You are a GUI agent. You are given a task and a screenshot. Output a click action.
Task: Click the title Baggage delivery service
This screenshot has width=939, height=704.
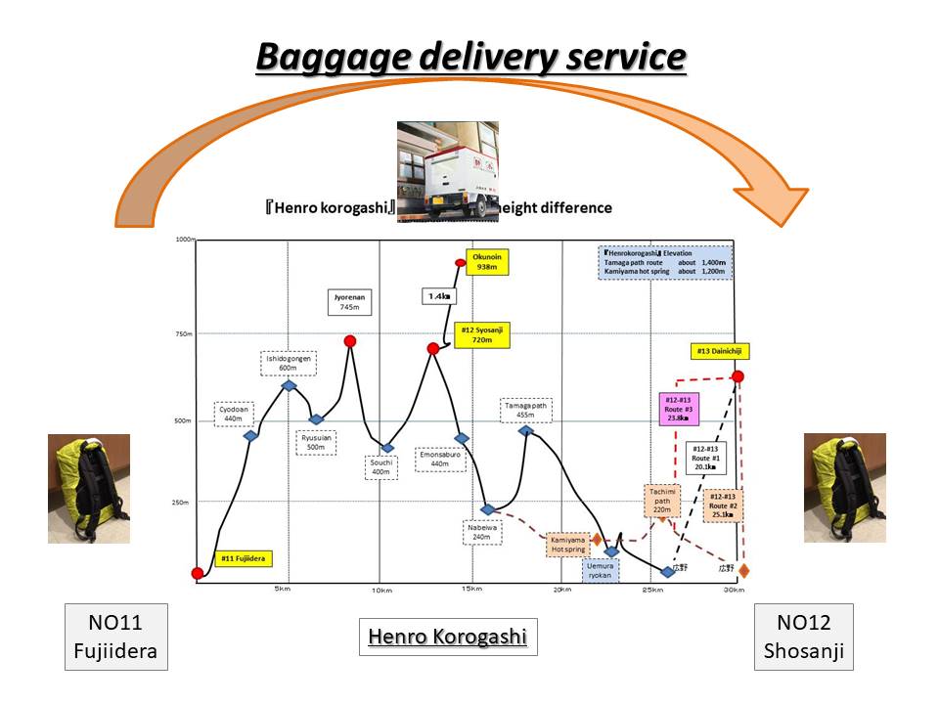(470, 58)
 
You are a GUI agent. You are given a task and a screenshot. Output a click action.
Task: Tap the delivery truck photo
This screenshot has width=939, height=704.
(448, 171)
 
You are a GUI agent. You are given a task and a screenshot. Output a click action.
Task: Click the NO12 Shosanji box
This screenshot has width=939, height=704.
(804, 637)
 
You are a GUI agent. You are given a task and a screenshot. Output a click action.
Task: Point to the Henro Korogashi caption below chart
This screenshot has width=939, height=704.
(447, 638)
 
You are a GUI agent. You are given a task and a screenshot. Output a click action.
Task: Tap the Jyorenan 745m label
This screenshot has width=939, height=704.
(350, 300)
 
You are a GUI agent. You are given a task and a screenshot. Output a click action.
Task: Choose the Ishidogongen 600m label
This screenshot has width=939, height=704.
(289, 363)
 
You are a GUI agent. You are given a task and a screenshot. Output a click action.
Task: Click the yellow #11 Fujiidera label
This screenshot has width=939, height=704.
(242, 559)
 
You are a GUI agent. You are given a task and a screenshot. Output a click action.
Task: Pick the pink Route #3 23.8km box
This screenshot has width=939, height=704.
(677, 408)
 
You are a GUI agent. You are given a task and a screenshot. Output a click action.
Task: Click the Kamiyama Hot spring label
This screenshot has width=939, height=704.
(567, 544)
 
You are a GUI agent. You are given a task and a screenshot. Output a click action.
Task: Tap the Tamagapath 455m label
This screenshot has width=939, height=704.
(526, 409)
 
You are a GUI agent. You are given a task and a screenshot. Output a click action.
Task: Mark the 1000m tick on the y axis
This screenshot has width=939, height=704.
(184, 240)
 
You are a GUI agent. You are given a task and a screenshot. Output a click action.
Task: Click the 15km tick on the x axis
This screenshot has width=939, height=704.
(470, 589)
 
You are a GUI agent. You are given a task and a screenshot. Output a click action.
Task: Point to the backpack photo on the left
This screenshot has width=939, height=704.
(89, 489)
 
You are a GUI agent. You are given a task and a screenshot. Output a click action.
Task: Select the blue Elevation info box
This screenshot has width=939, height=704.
(664, 262)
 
